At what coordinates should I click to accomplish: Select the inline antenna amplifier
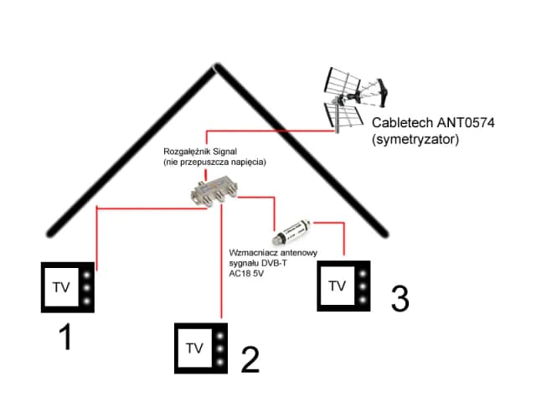coord(296,226)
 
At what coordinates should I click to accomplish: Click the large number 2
coord(250,358)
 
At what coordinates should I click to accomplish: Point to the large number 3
coord(400,299)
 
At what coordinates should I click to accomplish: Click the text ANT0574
coord(465,123)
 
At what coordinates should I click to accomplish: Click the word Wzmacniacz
coord(252,250)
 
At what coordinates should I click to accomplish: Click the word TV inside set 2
coord(194,348)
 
